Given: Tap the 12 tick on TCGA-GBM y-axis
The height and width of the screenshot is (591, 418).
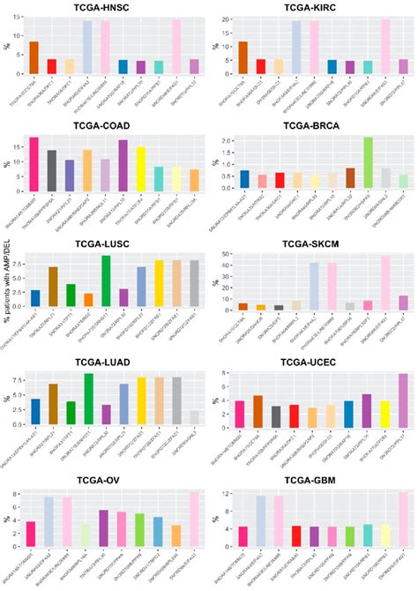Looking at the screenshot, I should point(228,493).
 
